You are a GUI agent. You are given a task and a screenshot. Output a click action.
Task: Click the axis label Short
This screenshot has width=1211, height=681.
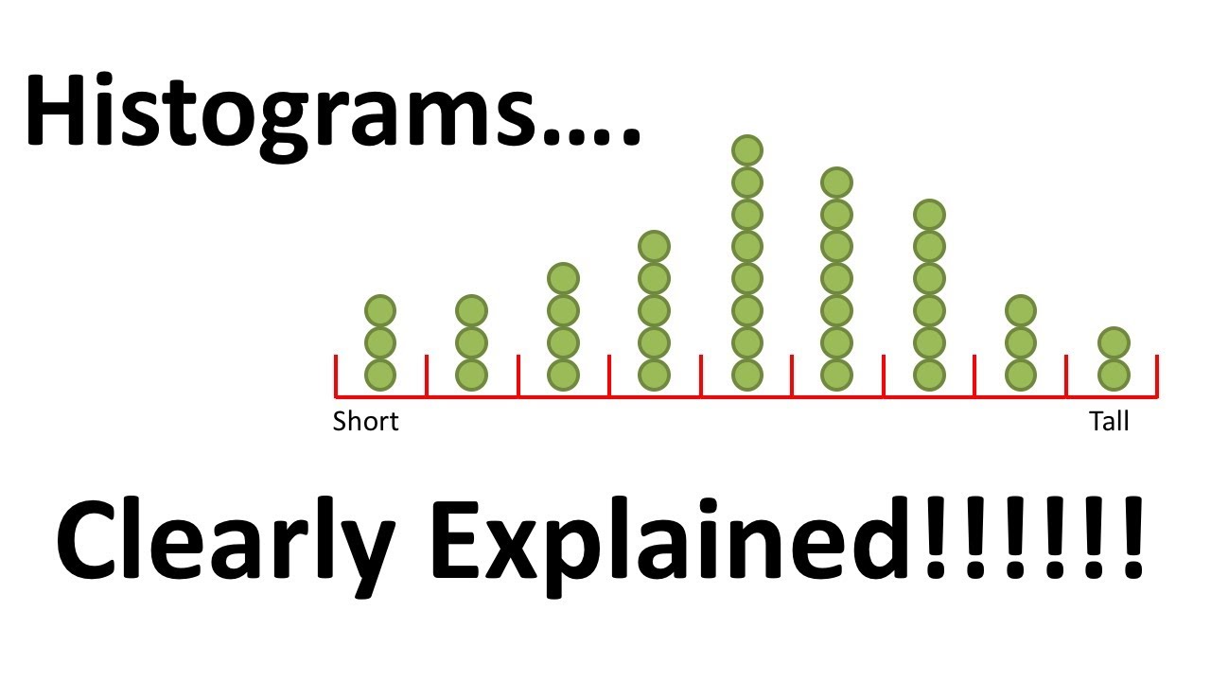[365, 421]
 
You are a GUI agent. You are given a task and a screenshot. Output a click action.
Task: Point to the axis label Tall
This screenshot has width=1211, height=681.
[1109, 421]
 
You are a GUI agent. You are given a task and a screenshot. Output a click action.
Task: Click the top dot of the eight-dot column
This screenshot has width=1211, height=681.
[747, 150]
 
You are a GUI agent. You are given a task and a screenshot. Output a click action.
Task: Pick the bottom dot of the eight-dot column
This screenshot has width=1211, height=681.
[747, 375]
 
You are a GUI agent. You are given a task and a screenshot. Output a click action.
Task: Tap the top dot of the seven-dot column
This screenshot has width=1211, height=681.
[836, 183]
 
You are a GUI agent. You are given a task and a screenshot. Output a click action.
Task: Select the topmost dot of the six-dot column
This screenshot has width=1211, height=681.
[930, 215]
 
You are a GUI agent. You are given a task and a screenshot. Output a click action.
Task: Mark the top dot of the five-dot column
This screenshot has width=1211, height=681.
[654, 247]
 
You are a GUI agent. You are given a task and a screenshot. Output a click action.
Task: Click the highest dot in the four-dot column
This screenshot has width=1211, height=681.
[562, 279]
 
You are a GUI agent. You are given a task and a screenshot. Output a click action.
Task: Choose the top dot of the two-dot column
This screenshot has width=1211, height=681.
[1114, 342]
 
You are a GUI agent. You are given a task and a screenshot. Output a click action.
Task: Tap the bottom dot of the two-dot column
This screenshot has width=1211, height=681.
[1114, 375]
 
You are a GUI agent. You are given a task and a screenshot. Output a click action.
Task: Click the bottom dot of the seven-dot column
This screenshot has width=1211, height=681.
[836, 375]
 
